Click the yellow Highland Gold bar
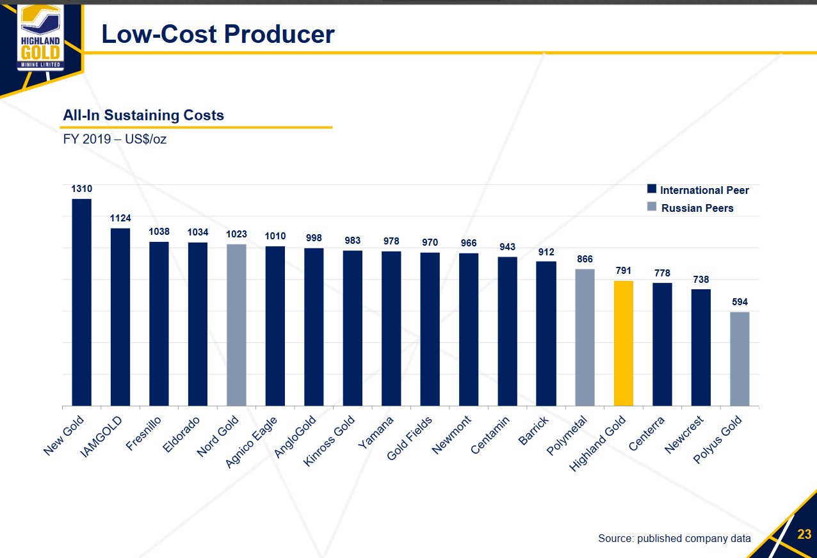coord(624,343)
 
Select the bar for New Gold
coord(81,302)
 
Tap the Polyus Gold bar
coord(740,358)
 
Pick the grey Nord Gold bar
coord(236,324)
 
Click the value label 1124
coord(120,218)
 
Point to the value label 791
coord(624,271)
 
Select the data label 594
coord(740,302)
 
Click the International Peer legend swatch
coord(652,189)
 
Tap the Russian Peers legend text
coord(697,208)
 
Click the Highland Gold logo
coord(40,38)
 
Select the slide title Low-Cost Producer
coord(218,34)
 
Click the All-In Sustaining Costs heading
coord(143,115)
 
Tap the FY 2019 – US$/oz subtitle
coord(115,139)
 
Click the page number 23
coord(804,534)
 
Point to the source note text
coord(674,538)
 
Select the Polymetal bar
coord(585,337)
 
